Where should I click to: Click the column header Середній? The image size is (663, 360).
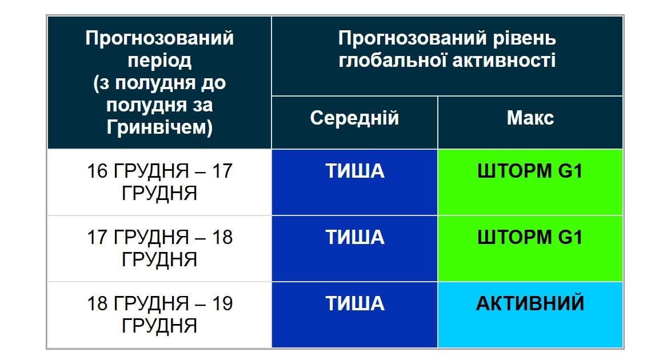click(x=354, y=118)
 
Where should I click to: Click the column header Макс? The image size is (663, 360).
click(x=530, y=118)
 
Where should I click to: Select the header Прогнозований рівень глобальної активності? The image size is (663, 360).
click(x=447, y=50)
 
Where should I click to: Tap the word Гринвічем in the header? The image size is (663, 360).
click(x=159, y=127)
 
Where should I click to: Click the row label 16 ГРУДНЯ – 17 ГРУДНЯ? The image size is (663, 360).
click(x=159, y=182)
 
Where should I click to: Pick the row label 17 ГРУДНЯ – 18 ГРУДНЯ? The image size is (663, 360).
click(x=159, y=248)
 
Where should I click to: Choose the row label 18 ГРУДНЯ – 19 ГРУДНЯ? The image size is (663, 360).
click(x=159, y=314)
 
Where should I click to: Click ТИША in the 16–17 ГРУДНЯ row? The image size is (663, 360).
click(x=355, y=171)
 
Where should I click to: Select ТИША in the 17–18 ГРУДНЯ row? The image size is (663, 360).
click(x=355, y=237)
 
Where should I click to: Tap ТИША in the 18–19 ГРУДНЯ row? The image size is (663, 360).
click(x=355, y=303)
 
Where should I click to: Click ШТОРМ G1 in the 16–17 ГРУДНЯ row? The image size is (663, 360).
click(x=530, y=171)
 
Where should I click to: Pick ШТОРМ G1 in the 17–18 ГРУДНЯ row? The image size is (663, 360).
click(x=530, y=237)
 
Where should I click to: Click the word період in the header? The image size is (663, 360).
click(x=159, y=61)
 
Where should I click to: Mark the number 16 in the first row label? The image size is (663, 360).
click(x=98, y=171)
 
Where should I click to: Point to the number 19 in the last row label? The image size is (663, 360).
click(x=221, y=303)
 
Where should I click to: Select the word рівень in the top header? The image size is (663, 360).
click(x=524, y=39)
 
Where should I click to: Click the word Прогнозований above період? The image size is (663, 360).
click(x=159, y=39)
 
